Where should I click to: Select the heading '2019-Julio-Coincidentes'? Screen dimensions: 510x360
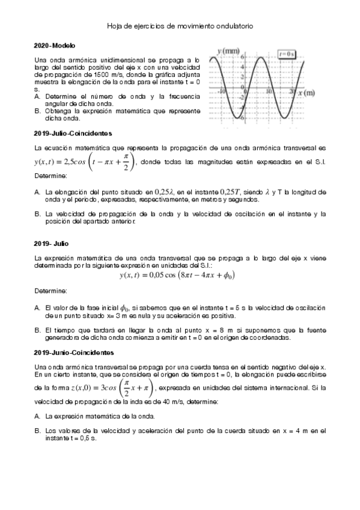click(73, 132)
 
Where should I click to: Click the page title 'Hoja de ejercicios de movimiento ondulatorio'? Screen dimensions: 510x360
click(180, 26)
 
